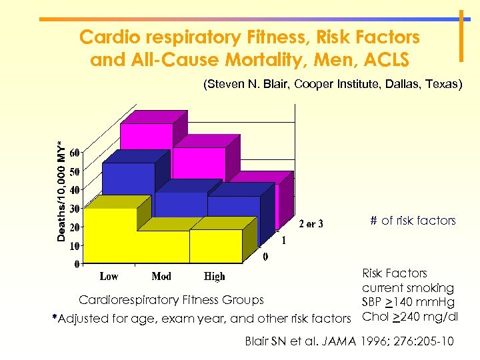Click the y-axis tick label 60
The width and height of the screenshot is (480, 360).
coord(75,153)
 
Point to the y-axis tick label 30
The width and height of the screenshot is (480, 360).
coord(75,209)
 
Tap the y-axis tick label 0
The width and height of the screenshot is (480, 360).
coord(77,265)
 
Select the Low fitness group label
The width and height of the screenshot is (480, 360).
coord(110,276)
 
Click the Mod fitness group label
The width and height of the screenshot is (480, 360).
coord(161,276)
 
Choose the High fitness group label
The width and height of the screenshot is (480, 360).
coord(214,276)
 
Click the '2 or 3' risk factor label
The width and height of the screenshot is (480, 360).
coord(311,224)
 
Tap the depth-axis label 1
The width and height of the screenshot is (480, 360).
coord(285,240)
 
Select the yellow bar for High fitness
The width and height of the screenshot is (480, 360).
coord(215,245)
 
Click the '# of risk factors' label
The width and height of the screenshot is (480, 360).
coord(413,221)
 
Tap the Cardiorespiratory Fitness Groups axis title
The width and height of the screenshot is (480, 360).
coord(171,301)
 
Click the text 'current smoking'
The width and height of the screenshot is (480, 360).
coord(408,288)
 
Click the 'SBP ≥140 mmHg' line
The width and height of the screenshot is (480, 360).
coord(408,303)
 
